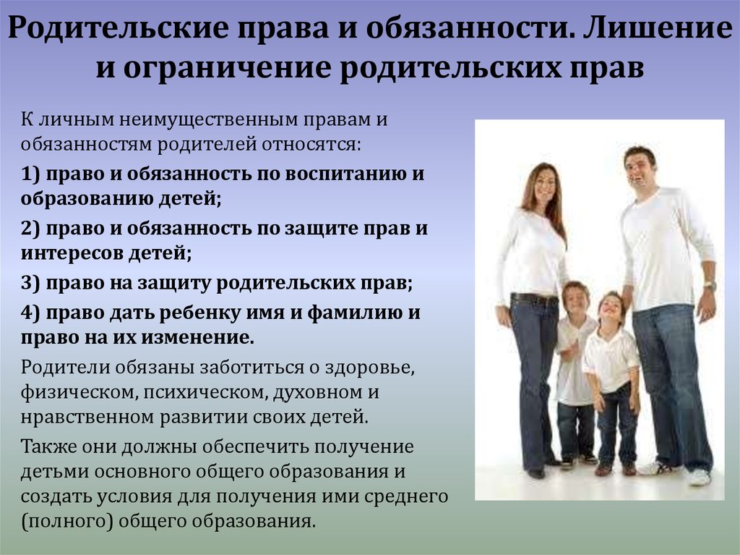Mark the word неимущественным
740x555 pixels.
tap(208, 120)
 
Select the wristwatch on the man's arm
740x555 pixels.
tap(710, 286)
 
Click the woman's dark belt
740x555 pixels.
tap(534, 299)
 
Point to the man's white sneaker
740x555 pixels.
tap(699, 477)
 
